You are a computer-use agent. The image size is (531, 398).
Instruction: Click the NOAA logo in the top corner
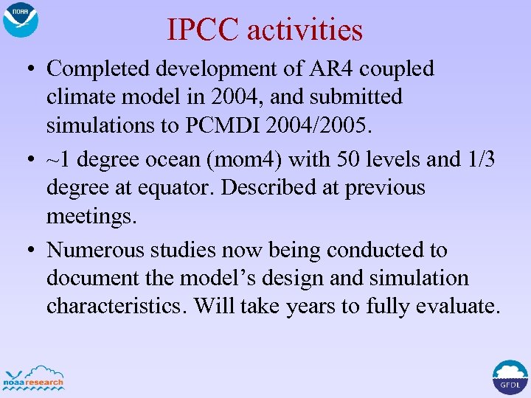click(x=20, y=20)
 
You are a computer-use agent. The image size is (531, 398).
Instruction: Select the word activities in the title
click(x=305, y=30)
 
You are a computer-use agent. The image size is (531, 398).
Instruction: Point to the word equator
click(x=177, y=187)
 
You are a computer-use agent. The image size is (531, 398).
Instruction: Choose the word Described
click(x=260, y=187)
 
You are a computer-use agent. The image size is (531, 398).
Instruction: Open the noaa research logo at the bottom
click(x=34, y=377)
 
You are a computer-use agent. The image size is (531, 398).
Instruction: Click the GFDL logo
click(x=510, y=377)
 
